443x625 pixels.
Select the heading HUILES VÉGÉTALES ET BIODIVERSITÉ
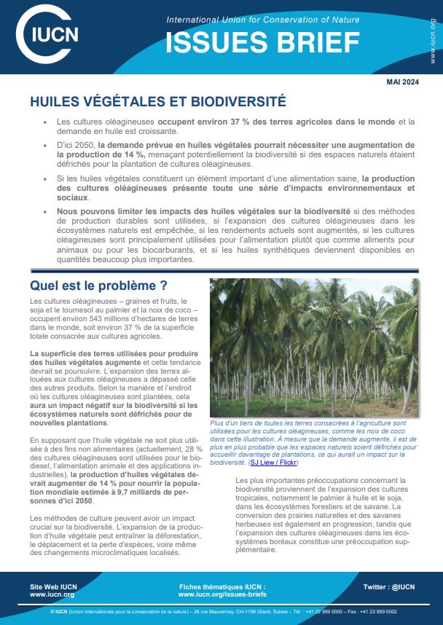click(x=157, y=101)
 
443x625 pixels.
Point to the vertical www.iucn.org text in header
click(x=433, y=42)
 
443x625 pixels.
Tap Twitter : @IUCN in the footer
click(x=388, y=586)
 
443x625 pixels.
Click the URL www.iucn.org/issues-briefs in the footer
click(x=221, y=594)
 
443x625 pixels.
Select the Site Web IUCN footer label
click(x=55, y=586)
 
